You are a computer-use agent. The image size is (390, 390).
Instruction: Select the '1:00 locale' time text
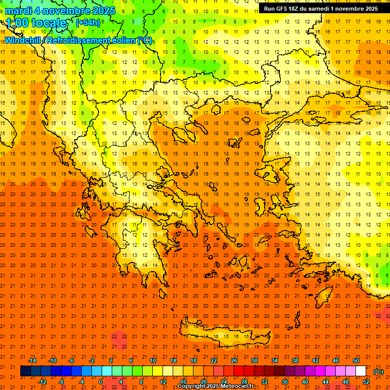pos(36,23)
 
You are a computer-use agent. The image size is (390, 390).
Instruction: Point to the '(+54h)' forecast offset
pos(87,22)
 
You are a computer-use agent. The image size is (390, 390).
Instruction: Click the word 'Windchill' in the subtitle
pos(23,40)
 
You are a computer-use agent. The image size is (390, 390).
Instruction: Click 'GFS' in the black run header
pos(285,9)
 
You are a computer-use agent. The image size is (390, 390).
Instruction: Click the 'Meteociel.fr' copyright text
pos(237,386)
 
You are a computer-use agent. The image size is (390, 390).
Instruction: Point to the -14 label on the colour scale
pos(32,361)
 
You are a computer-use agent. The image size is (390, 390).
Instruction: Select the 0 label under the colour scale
pos(101,382)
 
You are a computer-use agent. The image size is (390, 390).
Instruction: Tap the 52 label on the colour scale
pos(366,382)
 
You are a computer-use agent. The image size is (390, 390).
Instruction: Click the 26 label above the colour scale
pos(234,361)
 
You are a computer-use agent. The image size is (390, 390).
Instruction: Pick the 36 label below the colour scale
pos(285,382)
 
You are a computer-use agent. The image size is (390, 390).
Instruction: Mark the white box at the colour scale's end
pos(361,371)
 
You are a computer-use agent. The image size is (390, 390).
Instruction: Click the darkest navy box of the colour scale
pos(25,371)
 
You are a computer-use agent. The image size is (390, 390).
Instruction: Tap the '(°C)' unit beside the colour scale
pos(378,372)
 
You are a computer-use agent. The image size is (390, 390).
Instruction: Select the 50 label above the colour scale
pos(356,361)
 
